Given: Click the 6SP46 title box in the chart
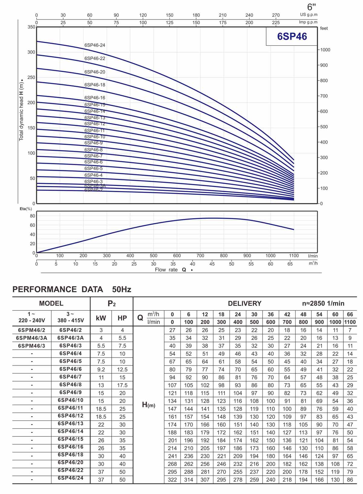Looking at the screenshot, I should coord(292,36).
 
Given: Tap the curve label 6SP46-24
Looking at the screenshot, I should coord(95,45).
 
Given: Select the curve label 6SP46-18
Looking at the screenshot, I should coord(95,85).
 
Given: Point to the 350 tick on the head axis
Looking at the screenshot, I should coord(31,27).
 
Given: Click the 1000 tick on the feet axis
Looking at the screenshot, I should coord(325,50).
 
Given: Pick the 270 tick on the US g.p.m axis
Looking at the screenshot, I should coord(276,15).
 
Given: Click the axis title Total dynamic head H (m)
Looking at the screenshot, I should coord(21,111).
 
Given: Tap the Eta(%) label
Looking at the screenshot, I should coord(26,209).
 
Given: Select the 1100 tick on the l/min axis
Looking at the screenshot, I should coord(294,256).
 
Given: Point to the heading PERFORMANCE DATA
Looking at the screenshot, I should coord(58,290).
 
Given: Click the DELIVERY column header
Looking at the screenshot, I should coord(244,303).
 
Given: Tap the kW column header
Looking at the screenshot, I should coord(101,318).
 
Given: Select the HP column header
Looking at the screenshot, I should coord(122,318).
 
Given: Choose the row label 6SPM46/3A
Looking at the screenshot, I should coord(32,338).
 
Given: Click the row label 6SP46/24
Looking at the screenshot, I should coord(70,478).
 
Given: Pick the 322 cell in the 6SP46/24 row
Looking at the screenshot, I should coord(172,479).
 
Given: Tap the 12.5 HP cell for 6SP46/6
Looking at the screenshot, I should coord(122,369).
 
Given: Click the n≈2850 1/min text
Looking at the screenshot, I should coord(323,303).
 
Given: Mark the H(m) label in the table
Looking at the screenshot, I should coord(149,405).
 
